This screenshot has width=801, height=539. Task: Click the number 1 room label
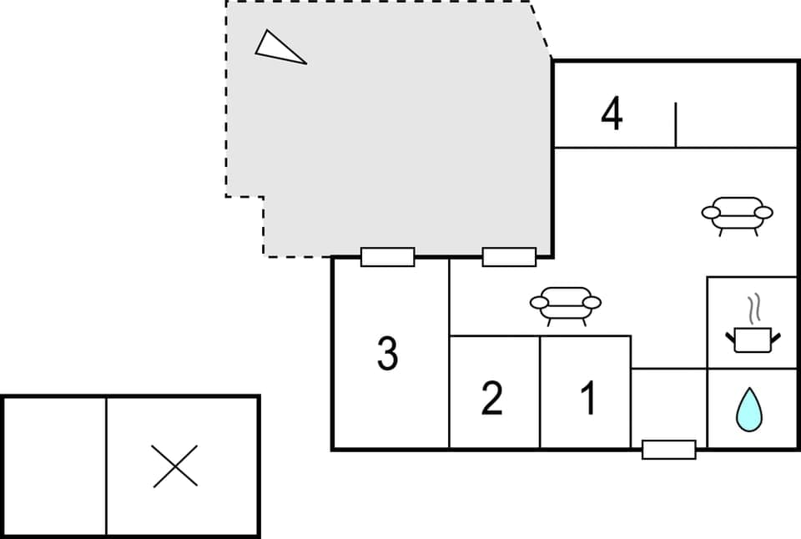coord(588,398)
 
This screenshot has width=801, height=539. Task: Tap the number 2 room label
coord(492,398)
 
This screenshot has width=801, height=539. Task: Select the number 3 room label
coord(387,355)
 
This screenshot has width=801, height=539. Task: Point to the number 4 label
coord(612,114)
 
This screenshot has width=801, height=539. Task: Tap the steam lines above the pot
coord(754,308)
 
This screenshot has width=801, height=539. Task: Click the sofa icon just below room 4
coord(737,214)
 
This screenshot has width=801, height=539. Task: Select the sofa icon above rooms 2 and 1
coord(566,304)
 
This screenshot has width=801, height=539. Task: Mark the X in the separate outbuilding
coord(175,466)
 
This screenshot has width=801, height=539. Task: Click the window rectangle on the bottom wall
coord(668,450)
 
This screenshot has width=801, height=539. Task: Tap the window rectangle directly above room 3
coord(387,257)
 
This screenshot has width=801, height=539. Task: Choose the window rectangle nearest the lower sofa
coord(509,257)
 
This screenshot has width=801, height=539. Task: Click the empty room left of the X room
coord(54,466)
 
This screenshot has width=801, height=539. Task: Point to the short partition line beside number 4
coord(675,124)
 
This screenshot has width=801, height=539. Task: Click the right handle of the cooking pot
coord(777,337)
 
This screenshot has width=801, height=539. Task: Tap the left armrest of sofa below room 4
coord(711,213)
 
